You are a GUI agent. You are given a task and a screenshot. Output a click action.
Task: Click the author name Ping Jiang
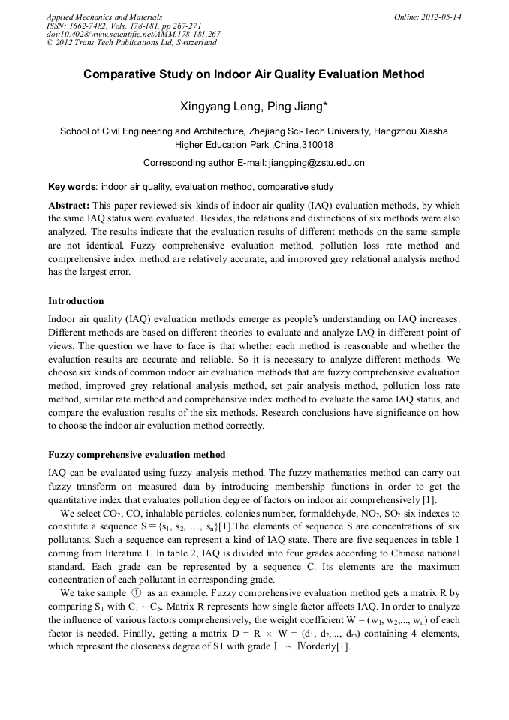point(298,107)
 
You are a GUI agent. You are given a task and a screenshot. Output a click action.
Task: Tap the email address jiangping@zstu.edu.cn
point(317,162)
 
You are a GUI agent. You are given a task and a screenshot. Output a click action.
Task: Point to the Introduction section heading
point(76,301)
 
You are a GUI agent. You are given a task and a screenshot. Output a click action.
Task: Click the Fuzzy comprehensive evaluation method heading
point(137,455)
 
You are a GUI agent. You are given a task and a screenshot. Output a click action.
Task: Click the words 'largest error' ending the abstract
point(103,272)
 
